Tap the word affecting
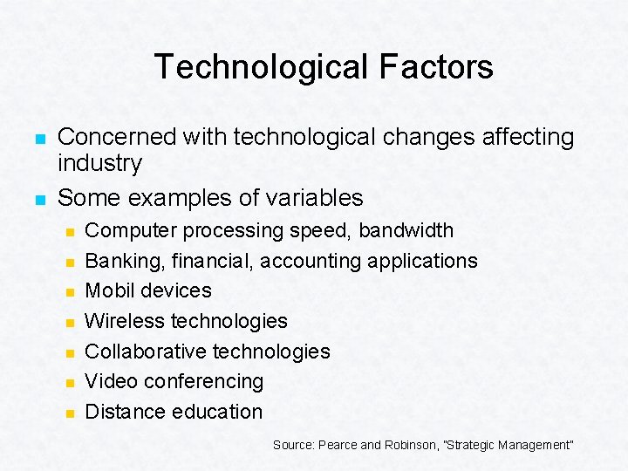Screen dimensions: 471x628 pos(525,137)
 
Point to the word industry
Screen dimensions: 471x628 pos(99,163)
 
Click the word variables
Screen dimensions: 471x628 pos(313,197)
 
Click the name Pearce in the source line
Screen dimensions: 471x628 pos(339,445)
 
